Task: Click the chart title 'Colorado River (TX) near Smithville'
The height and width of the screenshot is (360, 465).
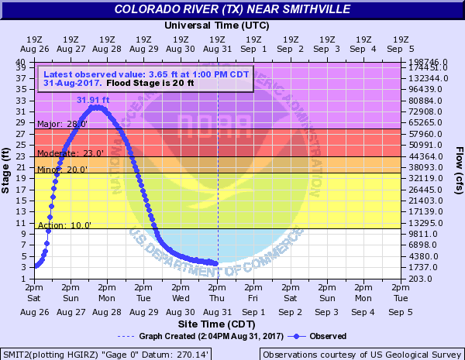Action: click(232, 9)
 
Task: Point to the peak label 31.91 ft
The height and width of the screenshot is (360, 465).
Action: click(94, 99)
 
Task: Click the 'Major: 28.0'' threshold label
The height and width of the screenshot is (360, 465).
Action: click(63, 124)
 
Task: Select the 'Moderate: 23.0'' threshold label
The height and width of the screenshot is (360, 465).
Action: click(71, 153)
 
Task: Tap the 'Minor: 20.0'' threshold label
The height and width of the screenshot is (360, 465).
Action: click(63, 170)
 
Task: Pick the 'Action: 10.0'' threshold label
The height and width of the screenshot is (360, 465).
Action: click(64, 225)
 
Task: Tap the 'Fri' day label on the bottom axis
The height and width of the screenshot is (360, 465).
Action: click(253, 297)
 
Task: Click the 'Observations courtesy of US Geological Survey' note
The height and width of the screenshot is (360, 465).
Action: click(360, 354)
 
